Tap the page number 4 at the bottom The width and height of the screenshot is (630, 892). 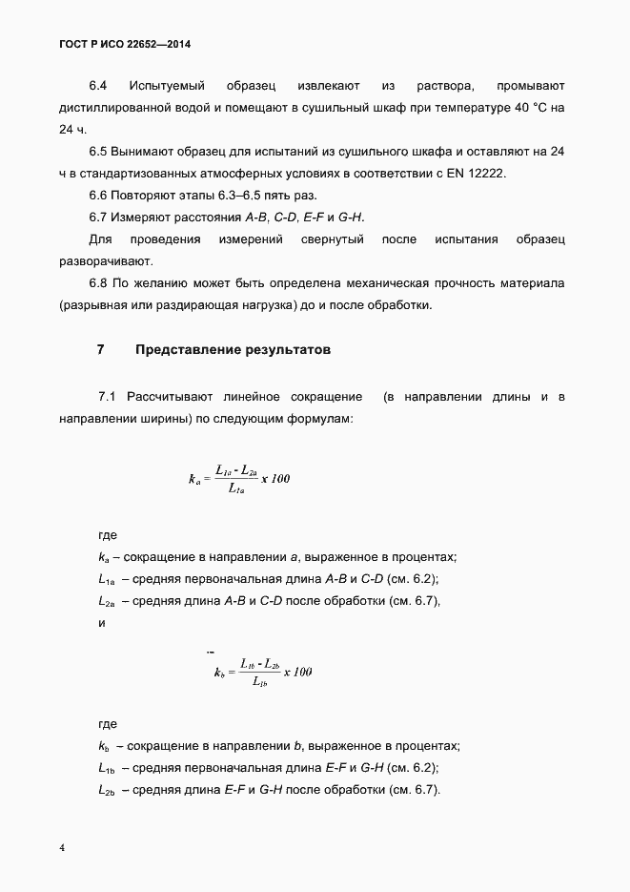tap(62, 848)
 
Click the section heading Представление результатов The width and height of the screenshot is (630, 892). tap(233, 350)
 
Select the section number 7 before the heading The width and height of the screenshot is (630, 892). tap(101, 350)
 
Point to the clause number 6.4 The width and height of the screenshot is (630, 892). tap(98, 86)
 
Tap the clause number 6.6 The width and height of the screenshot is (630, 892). tap(98, 195)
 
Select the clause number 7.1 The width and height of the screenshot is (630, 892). tap(107, 396)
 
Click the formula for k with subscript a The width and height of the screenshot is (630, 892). tap(239, 478)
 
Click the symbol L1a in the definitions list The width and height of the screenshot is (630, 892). tap(106, 579)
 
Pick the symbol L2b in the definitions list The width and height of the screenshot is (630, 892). tap(106, 790)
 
